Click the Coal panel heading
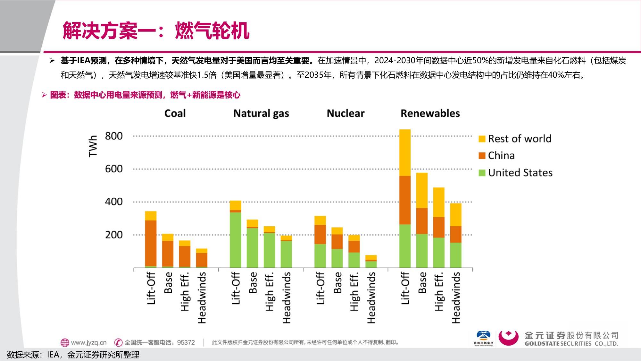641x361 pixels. (175, 113)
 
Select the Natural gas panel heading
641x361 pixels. (261, 113)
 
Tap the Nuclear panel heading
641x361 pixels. (345, 113)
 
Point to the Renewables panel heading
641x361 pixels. (430, 113)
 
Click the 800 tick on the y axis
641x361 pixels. (114, 136)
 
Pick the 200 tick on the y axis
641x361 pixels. (114, 235)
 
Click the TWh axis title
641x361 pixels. (93, 146)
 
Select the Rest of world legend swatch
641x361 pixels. (482, 139)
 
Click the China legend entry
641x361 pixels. (501, 156)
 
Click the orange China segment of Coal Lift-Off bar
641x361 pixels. (151, 243)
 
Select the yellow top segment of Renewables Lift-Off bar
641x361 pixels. (405, 152)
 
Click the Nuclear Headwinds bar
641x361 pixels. (371, 261)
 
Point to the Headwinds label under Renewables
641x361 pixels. (456, 298)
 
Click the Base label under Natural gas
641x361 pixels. (253, 283)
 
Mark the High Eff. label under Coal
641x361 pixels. (185, 291)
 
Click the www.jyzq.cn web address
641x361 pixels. (88, 342)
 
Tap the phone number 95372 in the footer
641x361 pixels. (186, 342)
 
